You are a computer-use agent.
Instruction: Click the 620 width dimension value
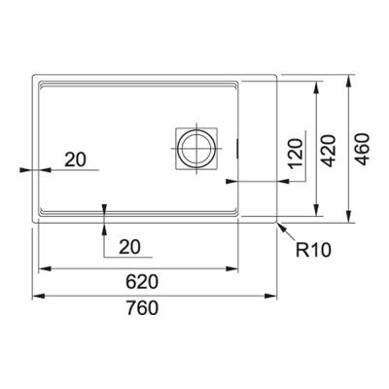141,282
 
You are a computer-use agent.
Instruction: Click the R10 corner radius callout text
315,251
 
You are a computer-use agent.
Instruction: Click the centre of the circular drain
194,147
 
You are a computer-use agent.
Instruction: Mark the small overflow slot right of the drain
237,148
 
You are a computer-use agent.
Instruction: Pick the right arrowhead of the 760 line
275,297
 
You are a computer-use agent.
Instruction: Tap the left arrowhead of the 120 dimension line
230,181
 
